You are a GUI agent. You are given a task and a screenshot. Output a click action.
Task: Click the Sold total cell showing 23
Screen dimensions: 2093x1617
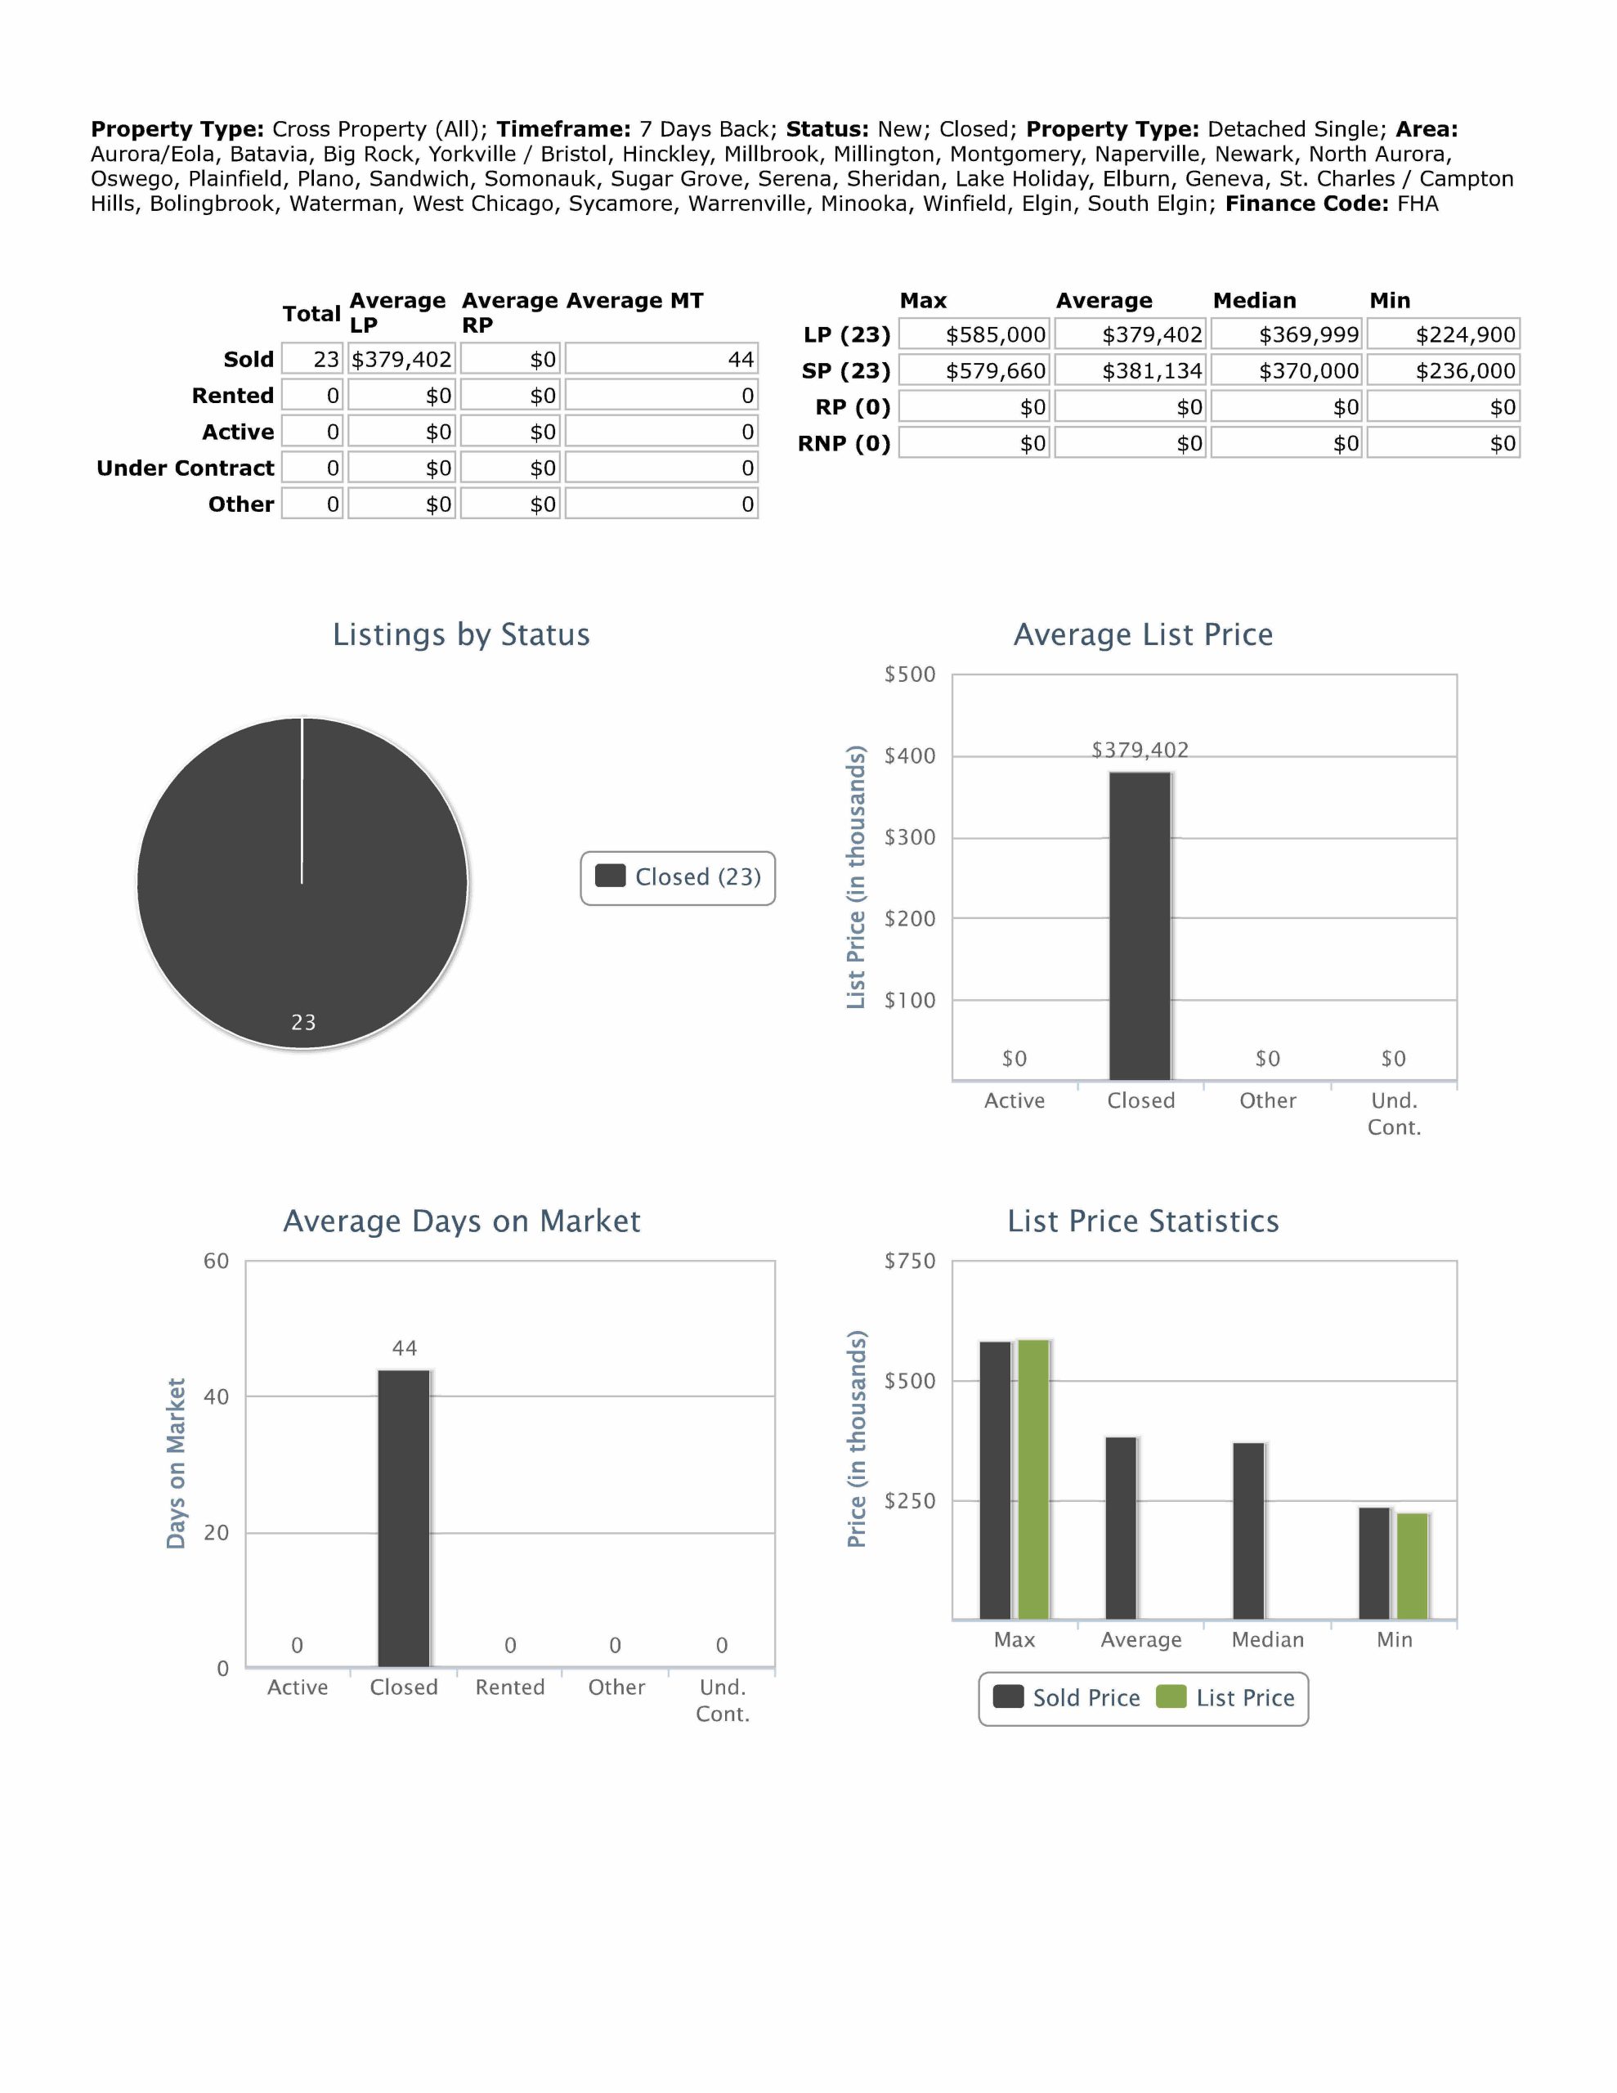coord(312,360)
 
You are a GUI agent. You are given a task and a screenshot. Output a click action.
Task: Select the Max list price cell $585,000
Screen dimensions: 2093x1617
coord(974,334)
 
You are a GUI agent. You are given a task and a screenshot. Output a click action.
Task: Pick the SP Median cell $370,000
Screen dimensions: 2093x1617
coord(1286,371)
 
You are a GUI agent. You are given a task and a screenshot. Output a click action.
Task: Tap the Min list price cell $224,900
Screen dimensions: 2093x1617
coord(1444,334)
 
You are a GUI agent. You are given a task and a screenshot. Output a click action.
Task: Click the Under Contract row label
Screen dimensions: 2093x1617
coord(185,468)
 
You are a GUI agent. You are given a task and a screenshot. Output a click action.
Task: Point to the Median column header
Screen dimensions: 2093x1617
coord(1254,301)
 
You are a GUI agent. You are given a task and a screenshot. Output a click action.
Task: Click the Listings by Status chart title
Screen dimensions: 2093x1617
coord(461,634)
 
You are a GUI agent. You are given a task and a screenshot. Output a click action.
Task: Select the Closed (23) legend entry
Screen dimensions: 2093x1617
coord(679,877)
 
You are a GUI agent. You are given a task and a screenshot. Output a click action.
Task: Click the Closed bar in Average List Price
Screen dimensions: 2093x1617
coord(1140,925)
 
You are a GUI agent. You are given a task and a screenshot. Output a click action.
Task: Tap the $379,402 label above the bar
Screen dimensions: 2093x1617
coord(1140,751)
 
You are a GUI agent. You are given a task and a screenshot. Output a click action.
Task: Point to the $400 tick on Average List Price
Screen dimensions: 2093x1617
coord(910,756)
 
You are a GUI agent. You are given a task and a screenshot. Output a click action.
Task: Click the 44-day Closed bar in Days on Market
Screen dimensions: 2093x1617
coord(404,1518)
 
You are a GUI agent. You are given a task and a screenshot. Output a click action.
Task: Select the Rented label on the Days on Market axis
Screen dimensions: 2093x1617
coord(510,1687)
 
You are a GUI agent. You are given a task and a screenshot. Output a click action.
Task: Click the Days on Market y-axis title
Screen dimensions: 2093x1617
coord(176,1463)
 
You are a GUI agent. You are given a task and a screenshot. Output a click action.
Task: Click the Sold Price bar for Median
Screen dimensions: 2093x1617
coord(1248,1531)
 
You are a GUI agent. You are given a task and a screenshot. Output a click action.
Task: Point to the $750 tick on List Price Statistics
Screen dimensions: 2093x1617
coord(910,1262)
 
